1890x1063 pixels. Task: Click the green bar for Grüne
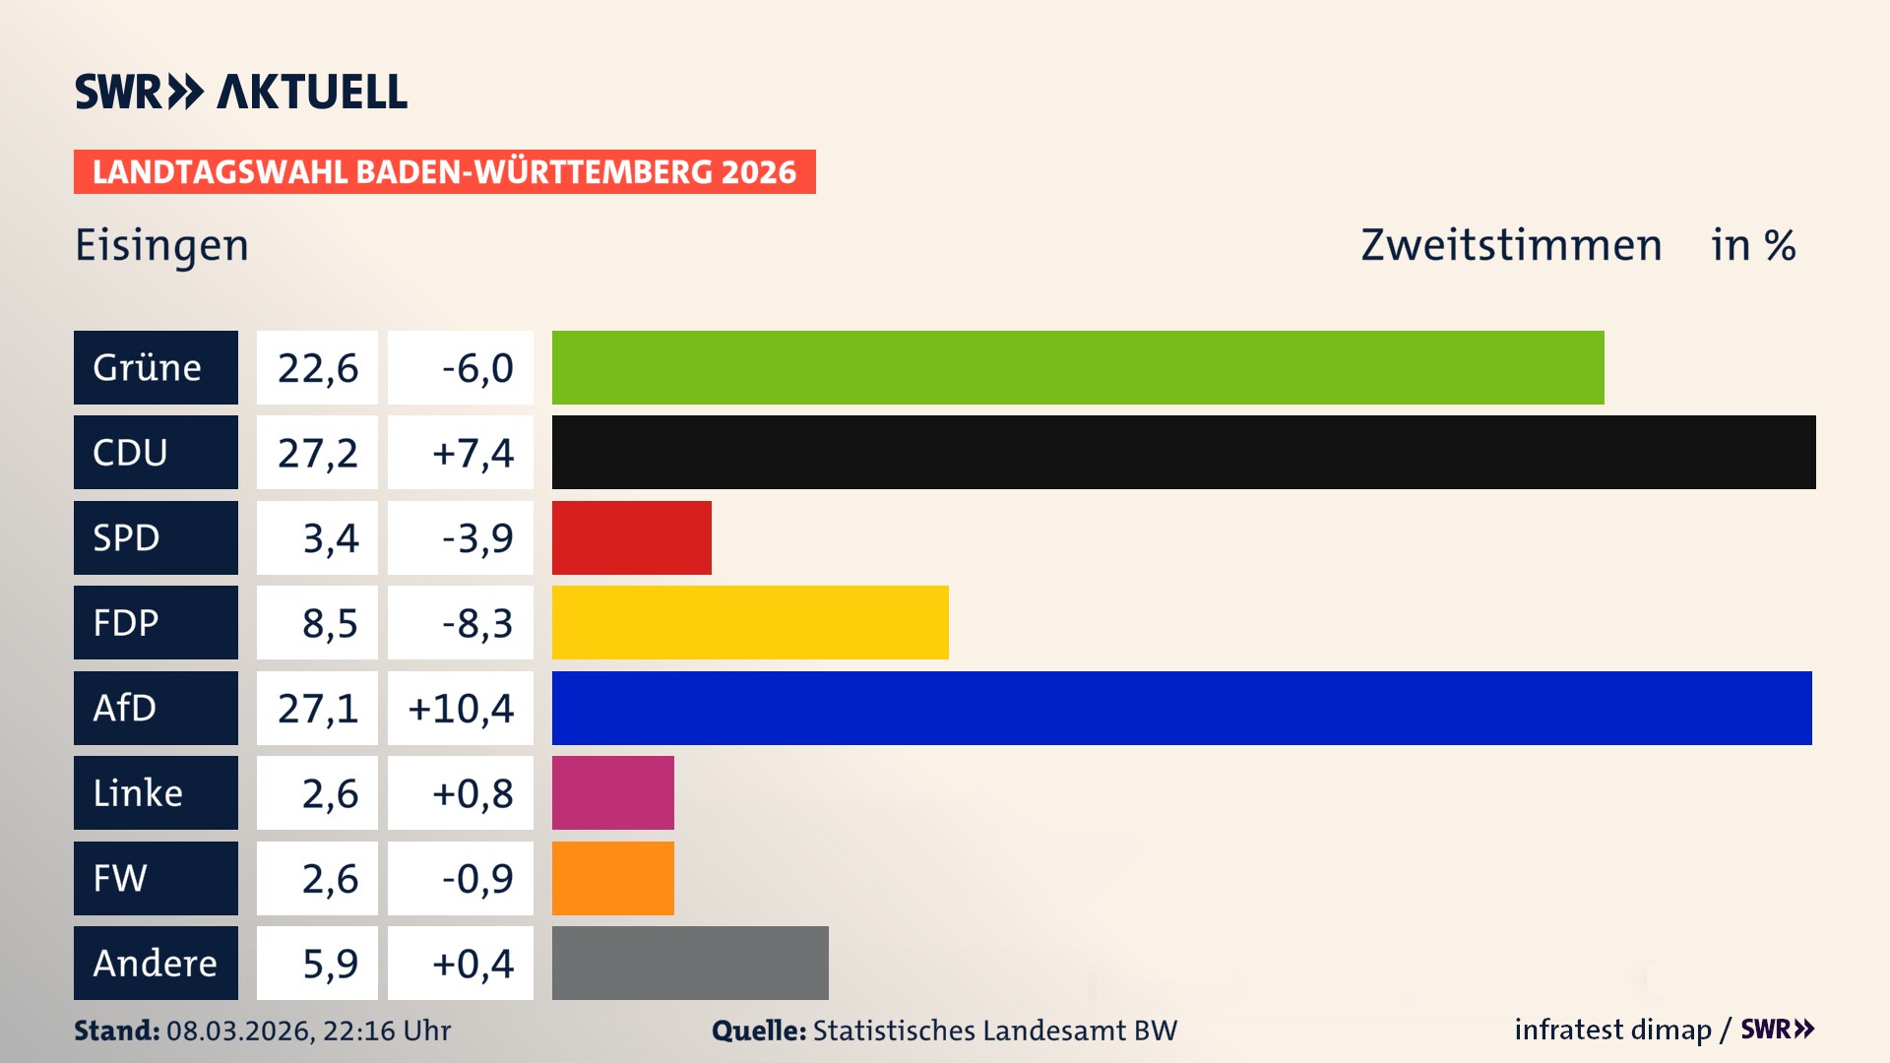(x=1078, y=367)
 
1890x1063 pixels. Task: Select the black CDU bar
(x=1183, y=452)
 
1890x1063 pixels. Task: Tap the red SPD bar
(x=631, y=537)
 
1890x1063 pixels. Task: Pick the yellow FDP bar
(x=750, y=622)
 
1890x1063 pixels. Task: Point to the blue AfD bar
(x=1181, y=708)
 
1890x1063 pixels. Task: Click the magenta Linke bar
(x=612, y=792)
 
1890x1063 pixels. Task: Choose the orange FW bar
(x=612, y=878)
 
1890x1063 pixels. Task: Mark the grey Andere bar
(x=690, y=963)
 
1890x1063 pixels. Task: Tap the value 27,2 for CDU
(x=317, y=453)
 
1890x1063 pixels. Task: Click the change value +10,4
(x=461, y=708)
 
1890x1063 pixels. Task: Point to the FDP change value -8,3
(x=476, y=623)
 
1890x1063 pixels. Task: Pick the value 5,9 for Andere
(x=330, y=964)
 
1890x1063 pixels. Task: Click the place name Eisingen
(x=162, y=245)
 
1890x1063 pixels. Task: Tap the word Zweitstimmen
(x=1511, y=245)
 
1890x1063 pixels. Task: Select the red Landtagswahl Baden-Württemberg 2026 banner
(x=444, y=171)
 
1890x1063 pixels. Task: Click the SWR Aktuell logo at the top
(x=241, y=92)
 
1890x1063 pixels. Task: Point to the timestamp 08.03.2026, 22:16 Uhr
(x=308, y=1031)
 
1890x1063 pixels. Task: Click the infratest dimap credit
(x=1612, y=1030)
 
